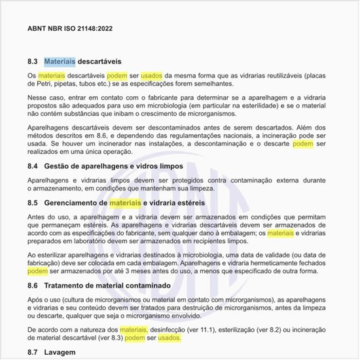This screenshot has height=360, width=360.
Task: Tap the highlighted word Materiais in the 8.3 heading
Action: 60,62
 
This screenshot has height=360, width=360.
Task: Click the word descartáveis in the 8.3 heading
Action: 99,62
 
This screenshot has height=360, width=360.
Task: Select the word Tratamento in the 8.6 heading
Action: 67,286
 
